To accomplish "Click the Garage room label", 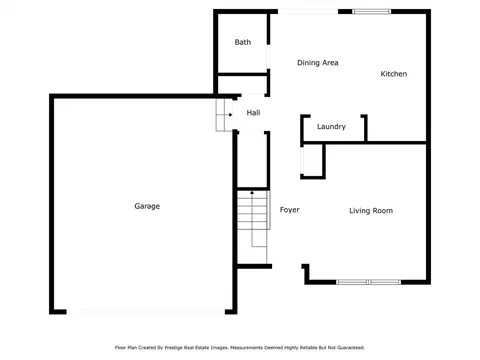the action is (147, 206).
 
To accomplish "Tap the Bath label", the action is (243, 42).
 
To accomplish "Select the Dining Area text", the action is (318, 63).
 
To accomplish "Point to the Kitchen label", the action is (394, 74).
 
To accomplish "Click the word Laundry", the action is (331, 127).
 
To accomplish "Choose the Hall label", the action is (253, 113).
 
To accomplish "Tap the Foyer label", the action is (290, 210).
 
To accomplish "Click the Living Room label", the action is (371, 211).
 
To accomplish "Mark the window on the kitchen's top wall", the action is (371, 12).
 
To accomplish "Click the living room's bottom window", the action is (368, 282).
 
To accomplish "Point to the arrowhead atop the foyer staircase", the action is (252, 192).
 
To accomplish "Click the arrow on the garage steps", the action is (224, 115).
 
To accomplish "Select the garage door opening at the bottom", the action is (146, 312).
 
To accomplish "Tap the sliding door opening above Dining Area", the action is (308, 12).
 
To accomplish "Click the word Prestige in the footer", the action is (174, 348).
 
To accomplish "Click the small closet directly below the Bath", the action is (242, 85).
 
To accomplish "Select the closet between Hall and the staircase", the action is (252, 160).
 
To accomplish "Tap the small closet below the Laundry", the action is (312, 161).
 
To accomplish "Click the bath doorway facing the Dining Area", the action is (268, 57).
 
